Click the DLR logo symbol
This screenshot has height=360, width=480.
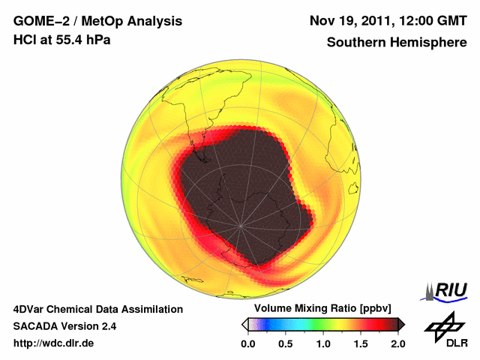pyautogui.click(x=444, y=326)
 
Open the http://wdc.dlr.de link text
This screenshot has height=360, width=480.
pyautogui.click(x=54, y=343)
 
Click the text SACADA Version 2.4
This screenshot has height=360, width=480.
pyautogui.click(x=64, y=326)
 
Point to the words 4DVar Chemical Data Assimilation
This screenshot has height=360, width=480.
pyautogui.click(x=97, y=309)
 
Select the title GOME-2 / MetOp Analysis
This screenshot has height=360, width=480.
pyautogui.click(x=87, y=20)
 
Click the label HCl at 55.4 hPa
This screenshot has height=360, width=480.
pyautogui.click(x=61, y=39)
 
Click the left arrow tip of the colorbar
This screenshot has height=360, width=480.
pyautogui.click(x=244, y=324)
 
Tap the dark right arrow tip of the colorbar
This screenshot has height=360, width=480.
pyautogui.click(x=401, y=324)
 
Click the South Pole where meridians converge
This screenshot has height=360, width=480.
pyautogui.click(x=241, y=226)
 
